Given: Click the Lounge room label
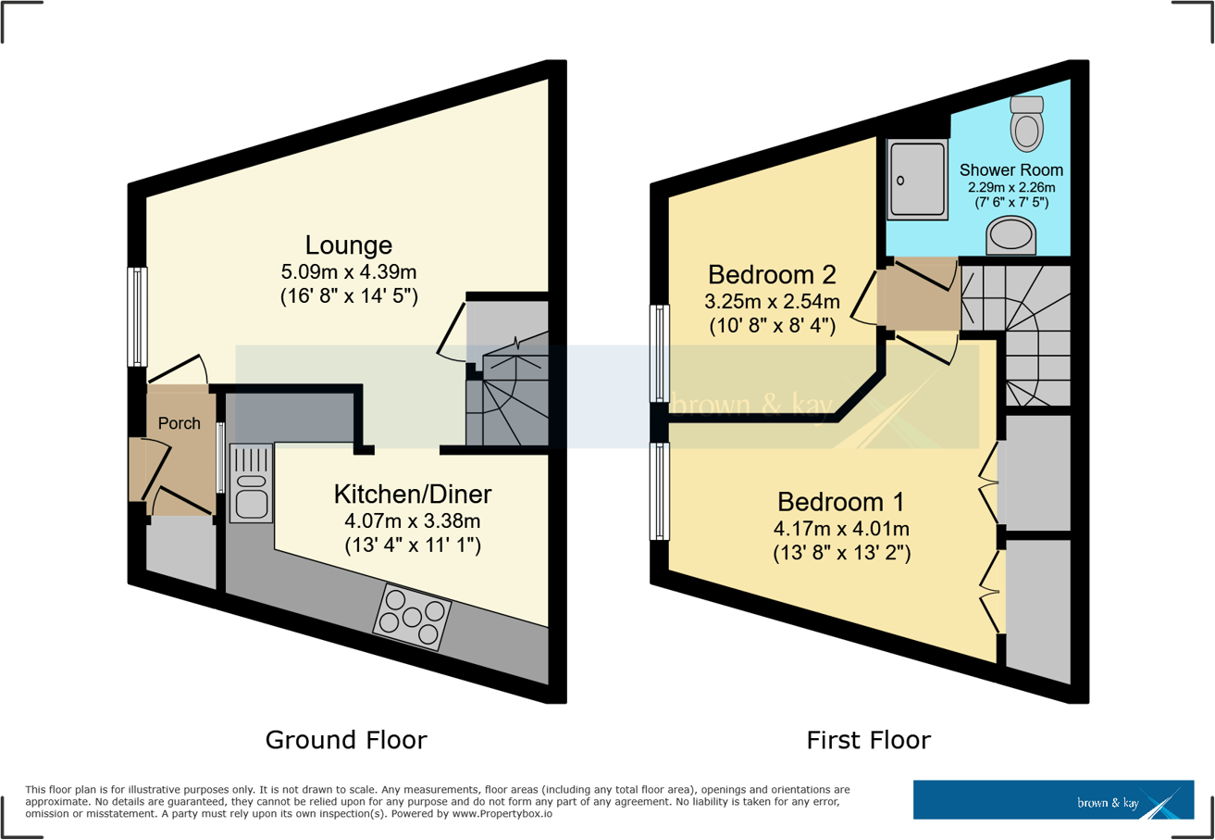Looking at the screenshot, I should pyautogui.click(x=349, y=245).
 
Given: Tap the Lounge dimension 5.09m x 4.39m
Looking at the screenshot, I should pyautogui.click(x=349, y=273).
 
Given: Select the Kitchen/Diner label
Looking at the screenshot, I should pyautogui.click(x=413, y=494).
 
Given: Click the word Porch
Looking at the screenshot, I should pyautogui.click(x=180, y=423).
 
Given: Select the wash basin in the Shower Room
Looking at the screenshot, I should pyautogui.click(x=1010, y=235).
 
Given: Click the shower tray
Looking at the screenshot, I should pyautogui.click(x=917, y=180).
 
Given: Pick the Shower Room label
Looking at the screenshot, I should pyautogui.click(x=1010, y=170).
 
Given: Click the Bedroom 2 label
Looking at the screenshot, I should pyautogui.click(x=772, y=274).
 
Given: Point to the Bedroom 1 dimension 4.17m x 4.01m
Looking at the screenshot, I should pyautogui.click(x=840, y=530).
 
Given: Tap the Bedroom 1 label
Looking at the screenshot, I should pyautogui.click(x=840, y=502).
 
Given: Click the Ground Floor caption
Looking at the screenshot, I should pyautogui.click(x=346, y=740).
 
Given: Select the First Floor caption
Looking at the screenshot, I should pyautogui.click(x=868, y=740).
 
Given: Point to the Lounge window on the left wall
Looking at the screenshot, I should pyautogui.click(x=137, y=316).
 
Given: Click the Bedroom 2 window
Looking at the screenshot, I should pyautogui.click(x=660, y=353).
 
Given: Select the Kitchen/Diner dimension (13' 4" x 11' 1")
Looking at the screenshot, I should pyautogui.click(x=413, y=545).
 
